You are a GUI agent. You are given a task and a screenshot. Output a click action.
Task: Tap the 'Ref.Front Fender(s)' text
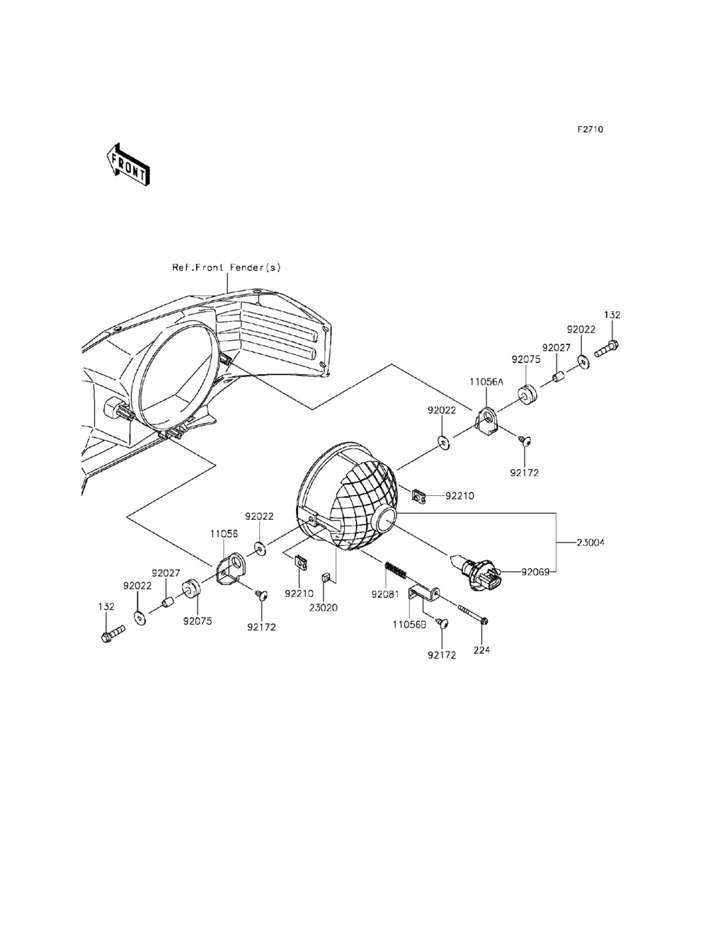pyautogui.click(x=227, y=267)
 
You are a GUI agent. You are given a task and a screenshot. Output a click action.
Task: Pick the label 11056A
pyautogui.click(x=486, y=381)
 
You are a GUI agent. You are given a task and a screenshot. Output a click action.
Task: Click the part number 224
pyautogui.click(x=481, y=650)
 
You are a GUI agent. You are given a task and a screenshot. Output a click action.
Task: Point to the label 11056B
pyautogui.click(x=411, y=625)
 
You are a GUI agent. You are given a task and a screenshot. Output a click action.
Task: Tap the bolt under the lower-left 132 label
pyautogui.click(x=112, y=632)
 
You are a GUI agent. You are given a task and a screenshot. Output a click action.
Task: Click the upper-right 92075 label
pyautogui.click(x=528, y=359)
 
